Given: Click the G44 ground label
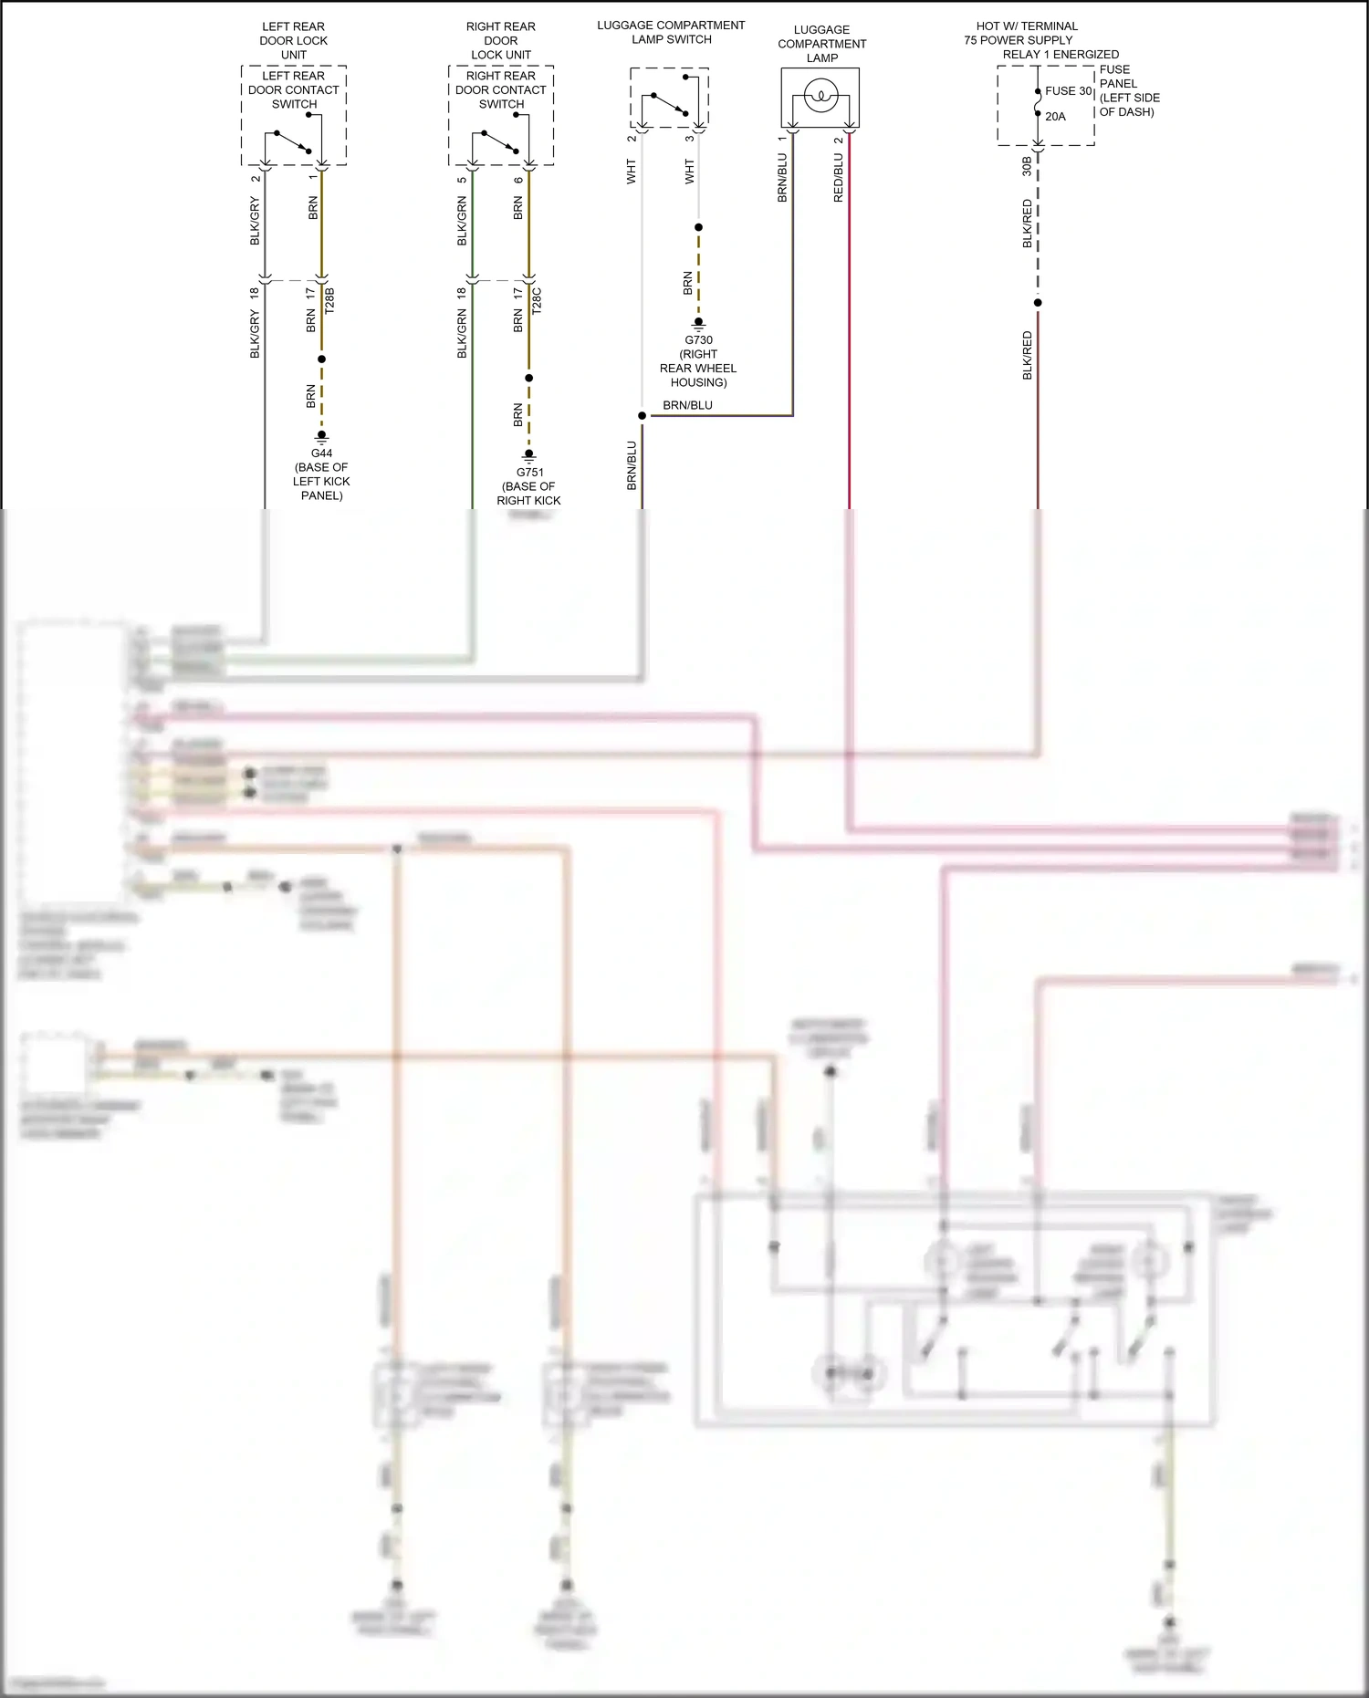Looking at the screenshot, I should tap(321, 453).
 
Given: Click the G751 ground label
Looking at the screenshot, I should tap(529, 472).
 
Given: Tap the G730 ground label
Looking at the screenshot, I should tap(698, 339).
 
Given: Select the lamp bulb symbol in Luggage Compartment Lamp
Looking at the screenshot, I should tap(820, 95).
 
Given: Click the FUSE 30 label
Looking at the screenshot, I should tap(1068, 90).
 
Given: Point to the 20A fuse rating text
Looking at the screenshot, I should tap(1055, 116).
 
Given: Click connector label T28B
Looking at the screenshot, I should tap(329, 300).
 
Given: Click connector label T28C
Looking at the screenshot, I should tap(537, 300).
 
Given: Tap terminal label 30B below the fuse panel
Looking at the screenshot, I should tap(1027, 165).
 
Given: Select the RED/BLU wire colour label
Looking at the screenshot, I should tap(838, 177).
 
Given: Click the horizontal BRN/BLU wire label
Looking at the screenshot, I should tap(687, 405).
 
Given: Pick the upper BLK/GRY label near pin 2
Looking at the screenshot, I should tap(255, 221).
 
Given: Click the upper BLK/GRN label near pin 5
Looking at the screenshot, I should tap(462, 221).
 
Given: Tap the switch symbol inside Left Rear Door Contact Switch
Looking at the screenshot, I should tap(293, 142).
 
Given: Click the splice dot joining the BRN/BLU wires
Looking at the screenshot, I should tap(642, 415).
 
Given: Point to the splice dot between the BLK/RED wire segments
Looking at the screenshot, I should tap(1038, 302).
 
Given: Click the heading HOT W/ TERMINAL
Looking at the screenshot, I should tap(1026, 26).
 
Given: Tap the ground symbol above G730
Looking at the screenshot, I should tap(698, 323).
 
